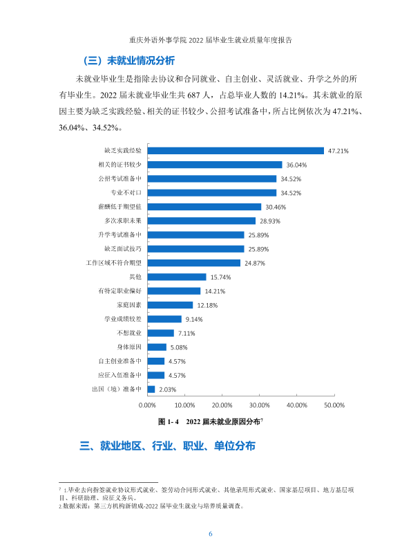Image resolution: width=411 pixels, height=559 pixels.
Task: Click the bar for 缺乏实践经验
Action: [x=236, y=151]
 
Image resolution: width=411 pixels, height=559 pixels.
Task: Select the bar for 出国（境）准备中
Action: [x=151, y=390]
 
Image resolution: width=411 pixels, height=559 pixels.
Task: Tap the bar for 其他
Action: [x=177, y=277]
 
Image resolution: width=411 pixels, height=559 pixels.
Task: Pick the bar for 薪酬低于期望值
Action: [x=204, y=207]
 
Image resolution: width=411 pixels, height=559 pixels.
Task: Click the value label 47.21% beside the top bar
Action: [x=338, y=151]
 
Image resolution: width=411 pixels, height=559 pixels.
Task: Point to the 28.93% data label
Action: [x=269, y=221]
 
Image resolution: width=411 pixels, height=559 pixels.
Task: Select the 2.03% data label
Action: [x=167, y=390]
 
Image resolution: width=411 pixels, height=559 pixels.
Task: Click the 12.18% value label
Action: [x=207, y=305]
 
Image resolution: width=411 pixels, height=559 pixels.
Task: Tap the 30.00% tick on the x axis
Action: [x=260, y=405]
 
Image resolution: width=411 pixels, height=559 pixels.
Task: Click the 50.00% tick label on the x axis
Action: [x=334, y=405]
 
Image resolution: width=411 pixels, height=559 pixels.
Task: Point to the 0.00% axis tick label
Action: [x=147, y=405]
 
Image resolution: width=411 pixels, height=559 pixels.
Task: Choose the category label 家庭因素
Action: [x=129, y=305]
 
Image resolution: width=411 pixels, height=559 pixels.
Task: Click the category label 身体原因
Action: [x=129, y=347]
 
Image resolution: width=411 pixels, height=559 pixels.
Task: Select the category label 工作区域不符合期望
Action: [x=113, y=263]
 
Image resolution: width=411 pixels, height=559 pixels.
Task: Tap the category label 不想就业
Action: [x=129, y=333]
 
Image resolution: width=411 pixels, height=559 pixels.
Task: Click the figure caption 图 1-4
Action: [x=169, y=422]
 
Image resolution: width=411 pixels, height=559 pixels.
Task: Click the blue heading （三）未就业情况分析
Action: [x=128, y=61]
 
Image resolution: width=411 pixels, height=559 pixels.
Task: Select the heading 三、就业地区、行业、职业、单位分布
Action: [x=167, y=446]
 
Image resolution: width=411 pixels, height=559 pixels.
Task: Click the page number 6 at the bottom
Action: [x=210, y=533]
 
